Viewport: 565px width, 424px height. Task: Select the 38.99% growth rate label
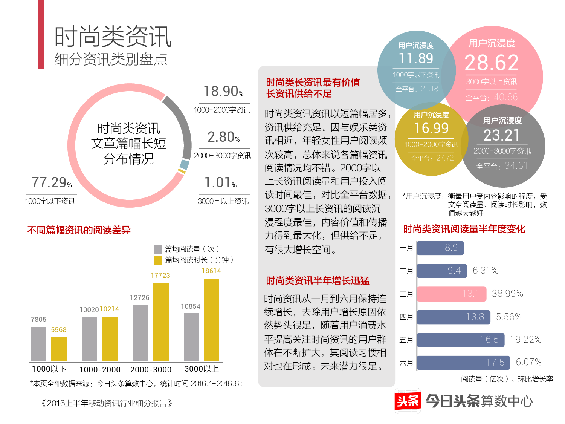click(x=507, y=294)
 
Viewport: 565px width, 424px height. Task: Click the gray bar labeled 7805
click(x=38, y=344)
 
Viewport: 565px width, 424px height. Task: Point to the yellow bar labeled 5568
click(x=59, y=349)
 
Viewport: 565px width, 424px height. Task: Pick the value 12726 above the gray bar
click(x=139, y=298)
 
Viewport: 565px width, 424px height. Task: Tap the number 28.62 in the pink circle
click(x=492, y=63)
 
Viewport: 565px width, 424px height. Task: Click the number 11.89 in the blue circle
click(x=416, y=58)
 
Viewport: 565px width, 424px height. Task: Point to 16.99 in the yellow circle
click(x=431, y=128)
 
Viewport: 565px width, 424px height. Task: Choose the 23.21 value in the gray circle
click(x=501, y=135)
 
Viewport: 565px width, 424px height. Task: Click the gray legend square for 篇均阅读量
click(x=158, y=249)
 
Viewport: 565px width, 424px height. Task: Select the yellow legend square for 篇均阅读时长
click(x=158, y=260)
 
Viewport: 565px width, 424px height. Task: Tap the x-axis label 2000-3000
click(x=151, y=370)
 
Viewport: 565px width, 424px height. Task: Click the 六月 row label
click(x=406, y=363)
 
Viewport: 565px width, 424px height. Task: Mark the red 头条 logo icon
click(x=408, y=401)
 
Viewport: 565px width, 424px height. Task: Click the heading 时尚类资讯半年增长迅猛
click(x=318, y=281)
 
